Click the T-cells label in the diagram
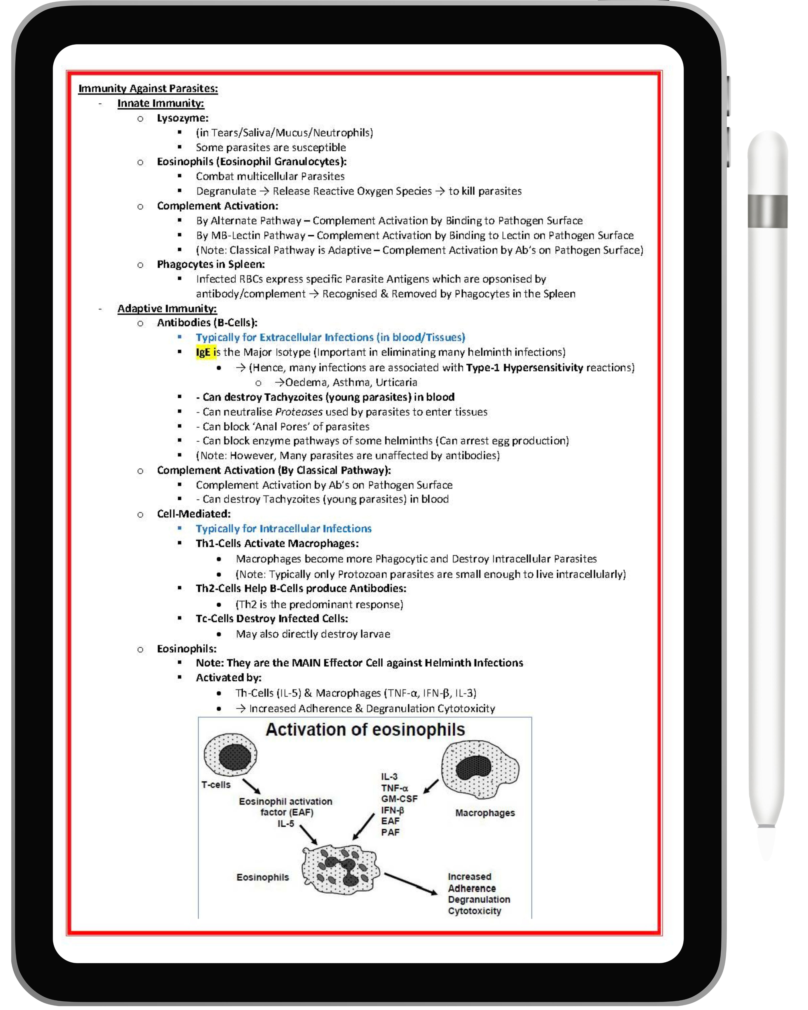[216, 785]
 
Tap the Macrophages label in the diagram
[485, 813]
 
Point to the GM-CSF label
[399, 799]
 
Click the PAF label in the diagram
[390, 832]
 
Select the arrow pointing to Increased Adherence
[410, 884]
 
